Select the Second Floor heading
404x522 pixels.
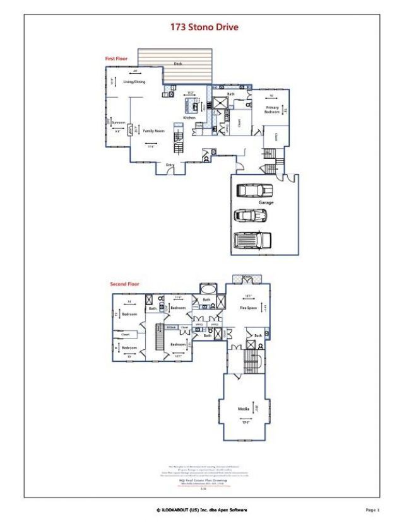(124, 284)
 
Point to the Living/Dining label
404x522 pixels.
(134, 82)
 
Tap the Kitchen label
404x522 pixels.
(189, 118)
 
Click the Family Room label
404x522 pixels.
(153, 130)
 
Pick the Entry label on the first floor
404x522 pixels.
(170, 165)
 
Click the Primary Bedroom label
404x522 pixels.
(272, 109)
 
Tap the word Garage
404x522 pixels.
(266, 203)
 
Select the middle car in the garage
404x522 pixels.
(251, 215)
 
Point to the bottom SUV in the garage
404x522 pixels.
(252, 240)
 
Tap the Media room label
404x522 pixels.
(243, 409)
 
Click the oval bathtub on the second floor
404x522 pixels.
(206, 290)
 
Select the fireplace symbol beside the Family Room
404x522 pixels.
(131, 130)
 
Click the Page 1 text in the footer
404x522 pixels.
(372, 509)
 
